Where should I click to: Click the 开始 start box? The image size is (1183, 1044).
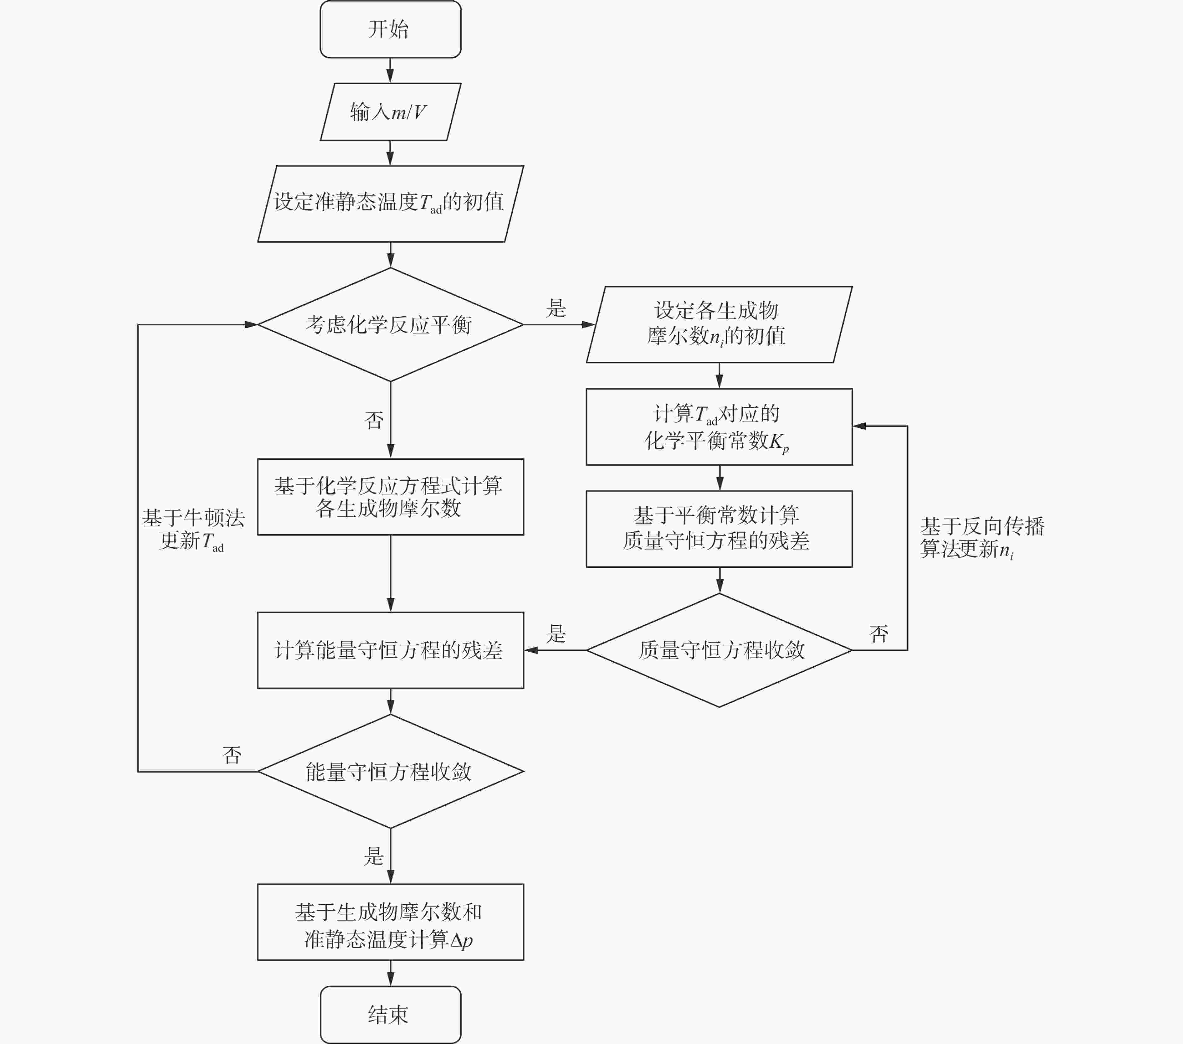click(390, 29)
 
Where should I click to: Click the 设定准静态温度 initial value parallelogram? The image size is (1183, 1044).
click(390, 203)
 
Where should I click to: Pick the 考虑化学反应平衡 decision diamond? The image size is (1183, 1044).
click(390, 324)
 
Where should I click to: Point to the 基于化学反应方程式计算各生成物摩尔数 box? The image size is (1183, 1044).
click(390, 497)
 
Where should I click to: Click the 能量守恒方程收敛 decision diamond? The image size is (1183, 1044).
click(390, 771)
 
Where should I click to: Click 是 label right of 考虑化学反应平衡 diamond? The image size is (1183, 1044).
click(556, 308)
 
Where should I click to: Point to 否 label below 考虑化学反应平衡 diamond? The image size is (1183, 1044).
click(374, 420)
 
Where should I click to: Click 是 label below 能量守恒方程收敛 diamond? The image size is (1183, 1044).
click(374, 856)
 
